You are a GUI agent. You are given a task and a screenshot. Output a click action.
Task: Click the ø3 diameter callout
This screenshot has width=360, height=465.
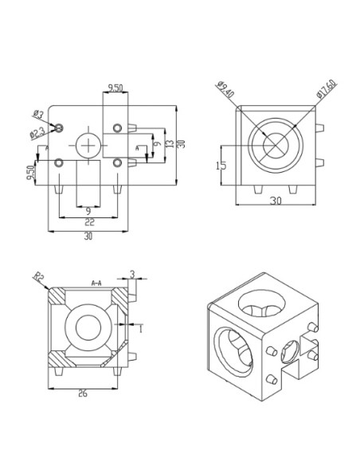point(38,115)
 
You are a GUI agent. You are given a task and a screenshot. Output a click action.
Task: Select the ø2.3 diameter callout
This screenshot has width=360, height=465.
point(37,133)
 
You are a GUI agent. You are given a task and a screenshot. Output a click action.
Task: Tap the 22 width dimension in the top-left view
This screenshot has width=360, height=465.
point(89,222)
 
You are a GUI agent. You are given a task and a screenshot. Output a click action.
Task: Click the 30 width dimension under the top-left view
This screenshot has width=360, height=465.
point(88,236)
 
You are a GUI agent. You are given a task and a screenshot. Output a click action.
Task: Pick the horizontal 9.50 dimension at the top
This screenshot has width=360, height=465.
point(115,88)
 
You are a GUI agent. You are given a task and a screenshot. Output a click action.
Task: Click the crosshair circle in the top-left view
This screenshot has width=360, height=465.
point(88,146)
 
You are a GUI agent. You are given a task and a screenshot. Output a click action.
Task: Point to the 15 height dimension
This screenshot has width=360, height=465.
point(222,165)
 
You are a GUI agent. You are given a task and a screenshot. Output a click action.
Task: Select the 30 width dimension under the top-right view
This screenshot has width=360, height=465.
point(275,202)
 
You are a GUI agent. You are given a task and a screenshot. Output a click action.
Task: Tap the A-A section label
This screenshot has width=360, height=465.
point(97,283)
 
